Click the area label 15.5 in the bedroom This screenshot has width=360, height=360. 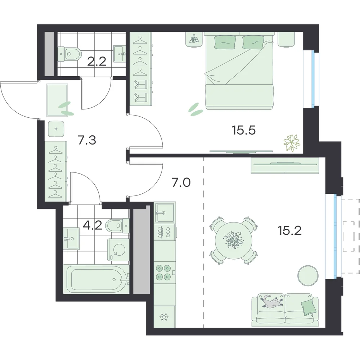pos(243,130)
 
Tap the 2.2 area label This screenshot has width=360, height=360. pos(97,61)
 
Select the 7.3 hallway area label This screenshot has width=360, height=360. pos(87,140)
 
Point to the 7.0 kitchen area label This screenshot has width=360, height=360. pos(181,183)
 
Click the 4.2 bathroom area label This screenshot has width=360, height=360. pos(92,225)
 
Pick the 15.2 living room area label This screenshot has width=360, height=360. pos(289,230)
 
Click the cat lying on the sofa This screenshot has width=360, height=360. pos(271,301)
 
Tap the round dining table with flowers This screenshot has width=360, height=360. pos(233,240)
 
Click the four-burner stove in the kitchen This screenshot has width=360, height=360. pos(163,272)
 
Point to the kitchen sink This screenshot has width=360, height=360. pos(165,212)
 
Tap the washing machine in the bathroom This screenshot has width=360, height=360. pos(118,249)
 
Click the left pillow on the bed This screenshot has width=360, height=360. pos(225,42)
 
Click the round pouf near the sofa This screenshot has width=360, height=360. pos(308,275)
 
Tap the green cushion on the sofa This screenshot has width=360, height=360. pos(309,308)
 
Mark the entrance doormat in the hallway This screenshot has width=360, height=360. pos(57,100)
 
